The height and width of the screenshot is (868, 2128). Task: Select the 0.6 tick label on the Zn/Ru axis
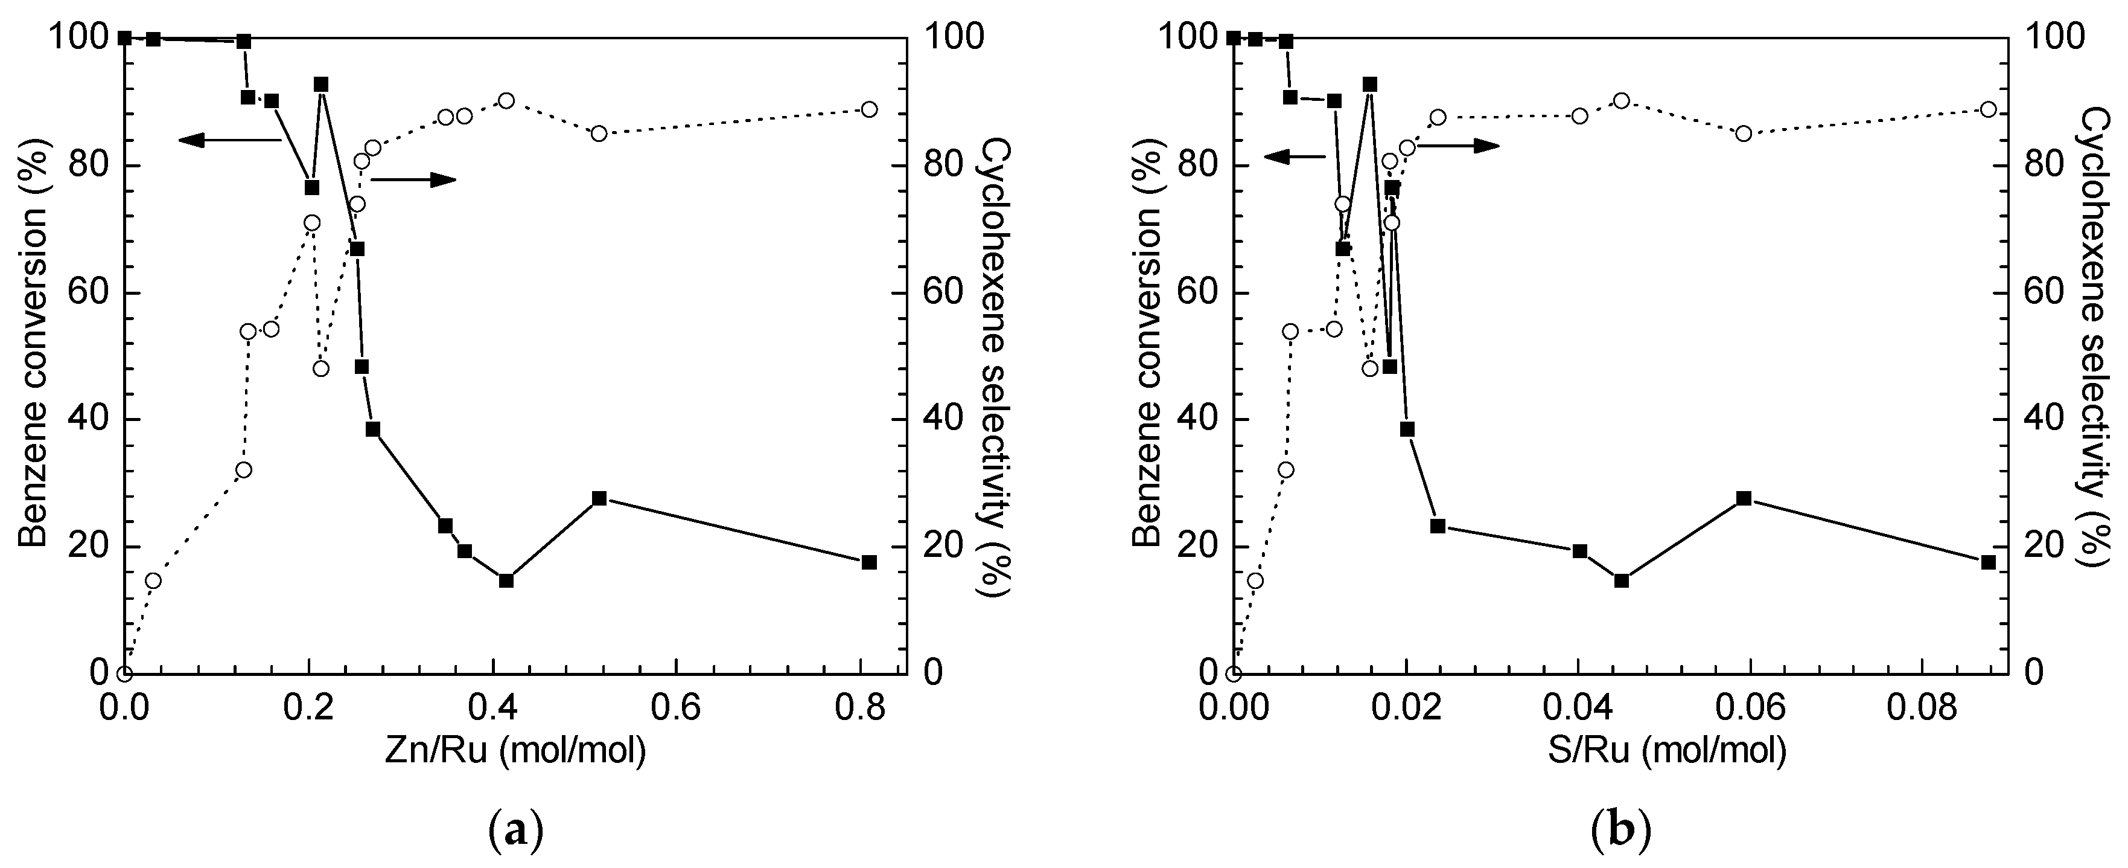point(677,709)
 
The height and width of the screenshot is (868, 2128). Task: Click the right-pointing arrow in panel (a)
point(413,179)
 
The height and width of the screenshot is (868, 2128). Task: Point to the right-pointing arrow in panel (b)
point(1459,146)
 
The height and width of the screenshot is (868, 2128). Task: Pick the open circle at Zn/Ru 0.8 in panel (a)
point(869,109)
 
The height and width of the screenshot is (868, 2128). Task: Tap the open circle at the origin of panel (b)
point(1234,674)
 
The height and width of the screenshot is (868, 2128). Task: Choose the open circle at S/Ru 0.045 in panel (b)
point(1622,100)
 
